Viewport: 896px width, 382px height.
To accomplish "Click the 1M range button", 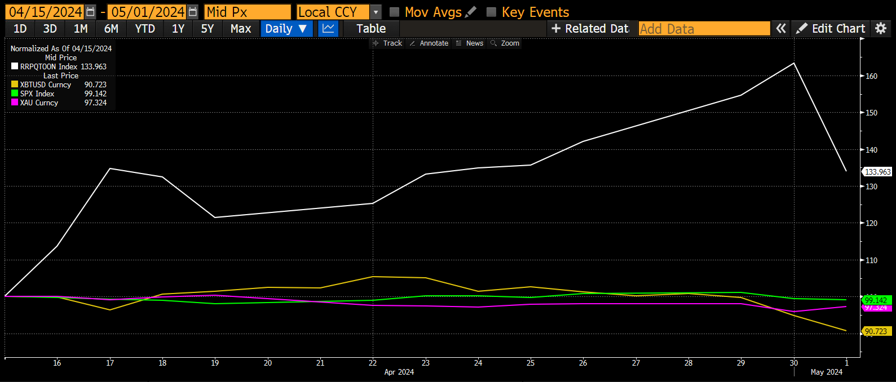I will (81, 29).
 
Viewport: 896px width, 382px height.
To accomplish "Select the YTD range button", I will (145, 29).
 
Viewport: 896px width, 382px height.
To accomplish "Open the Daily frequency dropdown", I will (286, 29).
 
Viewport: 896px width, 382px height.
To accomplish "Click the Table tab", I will (371, 29).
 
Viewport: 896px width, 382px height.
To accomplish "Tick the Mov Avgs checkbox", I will (395, 12).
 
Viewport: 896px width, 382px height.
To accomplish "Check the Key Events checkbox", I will (492, 12).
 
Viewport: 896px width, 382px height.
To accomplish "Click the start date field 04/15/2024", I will (45, 12).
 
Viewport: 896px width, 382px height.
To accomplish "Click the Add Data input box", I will (704, 29).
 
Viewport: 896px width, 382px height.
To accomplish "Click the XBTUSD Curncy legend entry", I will (46, 85).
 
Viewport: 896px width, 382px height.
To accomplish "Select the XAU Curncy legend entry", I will (39, 103).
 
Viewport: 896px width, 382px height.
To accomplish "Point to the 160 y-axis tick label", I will (872, 76).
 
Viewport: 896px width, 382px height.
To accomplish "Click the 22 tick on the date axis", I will (373, 363).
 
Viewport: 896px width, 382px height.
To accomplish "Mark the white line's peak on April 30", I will (794, 63).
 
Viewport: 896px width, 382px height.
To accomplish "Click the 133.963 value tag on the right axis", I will (878, 172).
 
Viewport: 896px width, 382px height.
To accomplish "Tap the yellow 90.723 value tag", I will (876, 332).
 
